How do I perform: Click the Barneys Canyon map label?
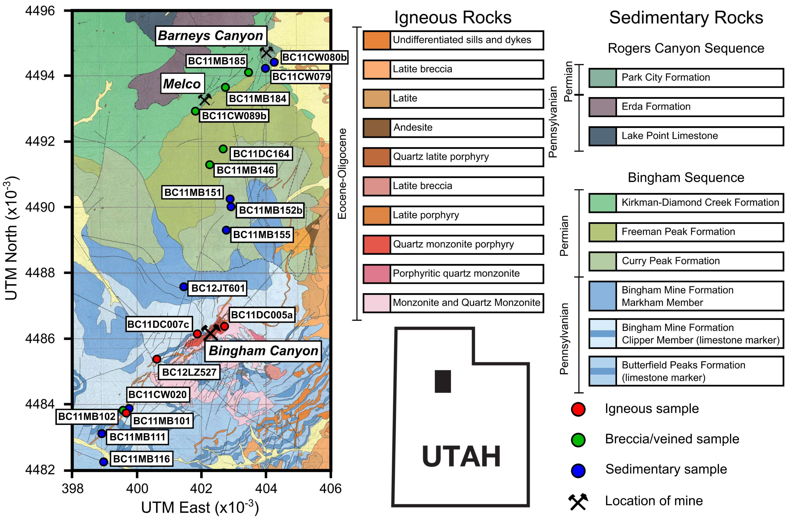211,35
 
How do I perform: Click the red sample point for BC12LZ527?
157,359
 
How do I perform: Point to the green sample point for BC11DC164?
223,149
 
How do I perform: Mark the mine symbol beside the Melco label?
205,99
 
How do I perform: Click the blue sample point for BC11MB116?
104,461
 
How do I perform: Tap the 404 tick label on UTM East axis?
265,488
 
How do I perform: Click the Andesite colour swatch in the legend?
376,128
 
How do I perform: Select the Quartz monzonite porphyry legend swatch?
376,244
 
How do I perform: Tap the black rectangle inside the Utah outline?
443,381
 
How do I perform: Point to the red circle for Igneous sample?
578,409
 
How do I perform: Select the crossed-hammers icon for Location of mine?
578,501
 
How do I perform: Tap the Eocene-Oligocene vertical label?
342,173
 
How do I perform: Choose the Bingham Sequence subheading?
686,178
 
